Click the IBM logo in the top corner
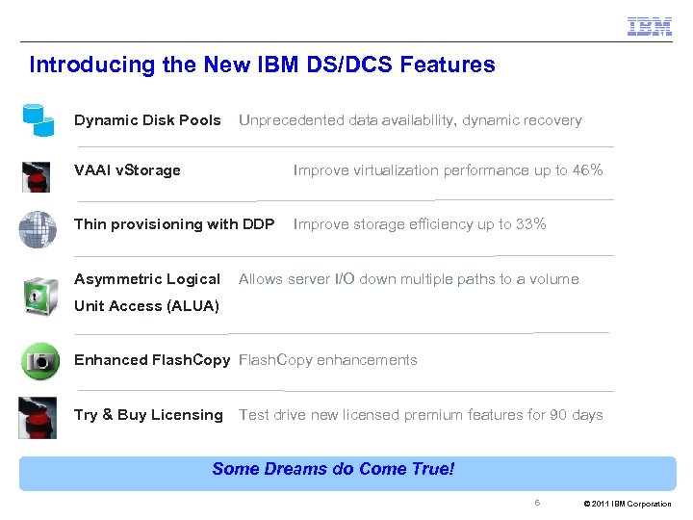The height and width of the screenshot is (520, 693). (x=649, y=26)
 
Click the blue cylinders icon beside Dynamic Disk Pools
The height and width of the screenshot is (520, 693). (x=38, y=118)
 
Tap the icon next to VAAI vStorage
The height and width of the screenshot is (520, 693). (x=37, y=176)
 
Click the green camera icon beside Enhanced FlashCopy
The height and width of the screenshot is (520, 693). (x=39, y=362)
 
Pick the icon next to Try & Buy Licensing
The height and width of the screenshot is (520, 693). (x=38, y=417)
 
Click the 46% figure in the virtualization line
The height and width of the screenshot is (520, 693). (x=588, y=170)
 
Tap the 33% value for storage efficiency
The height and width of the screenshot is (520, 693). (x=530, y=224)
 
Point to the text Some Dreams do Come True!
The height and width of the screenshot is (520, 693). (x=333, y=469)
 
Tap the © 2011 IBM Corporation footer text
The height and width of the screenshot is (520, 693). (x=628, y=504)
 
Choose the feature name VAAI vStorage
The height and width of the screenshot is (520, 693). (x=127, y=170)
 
